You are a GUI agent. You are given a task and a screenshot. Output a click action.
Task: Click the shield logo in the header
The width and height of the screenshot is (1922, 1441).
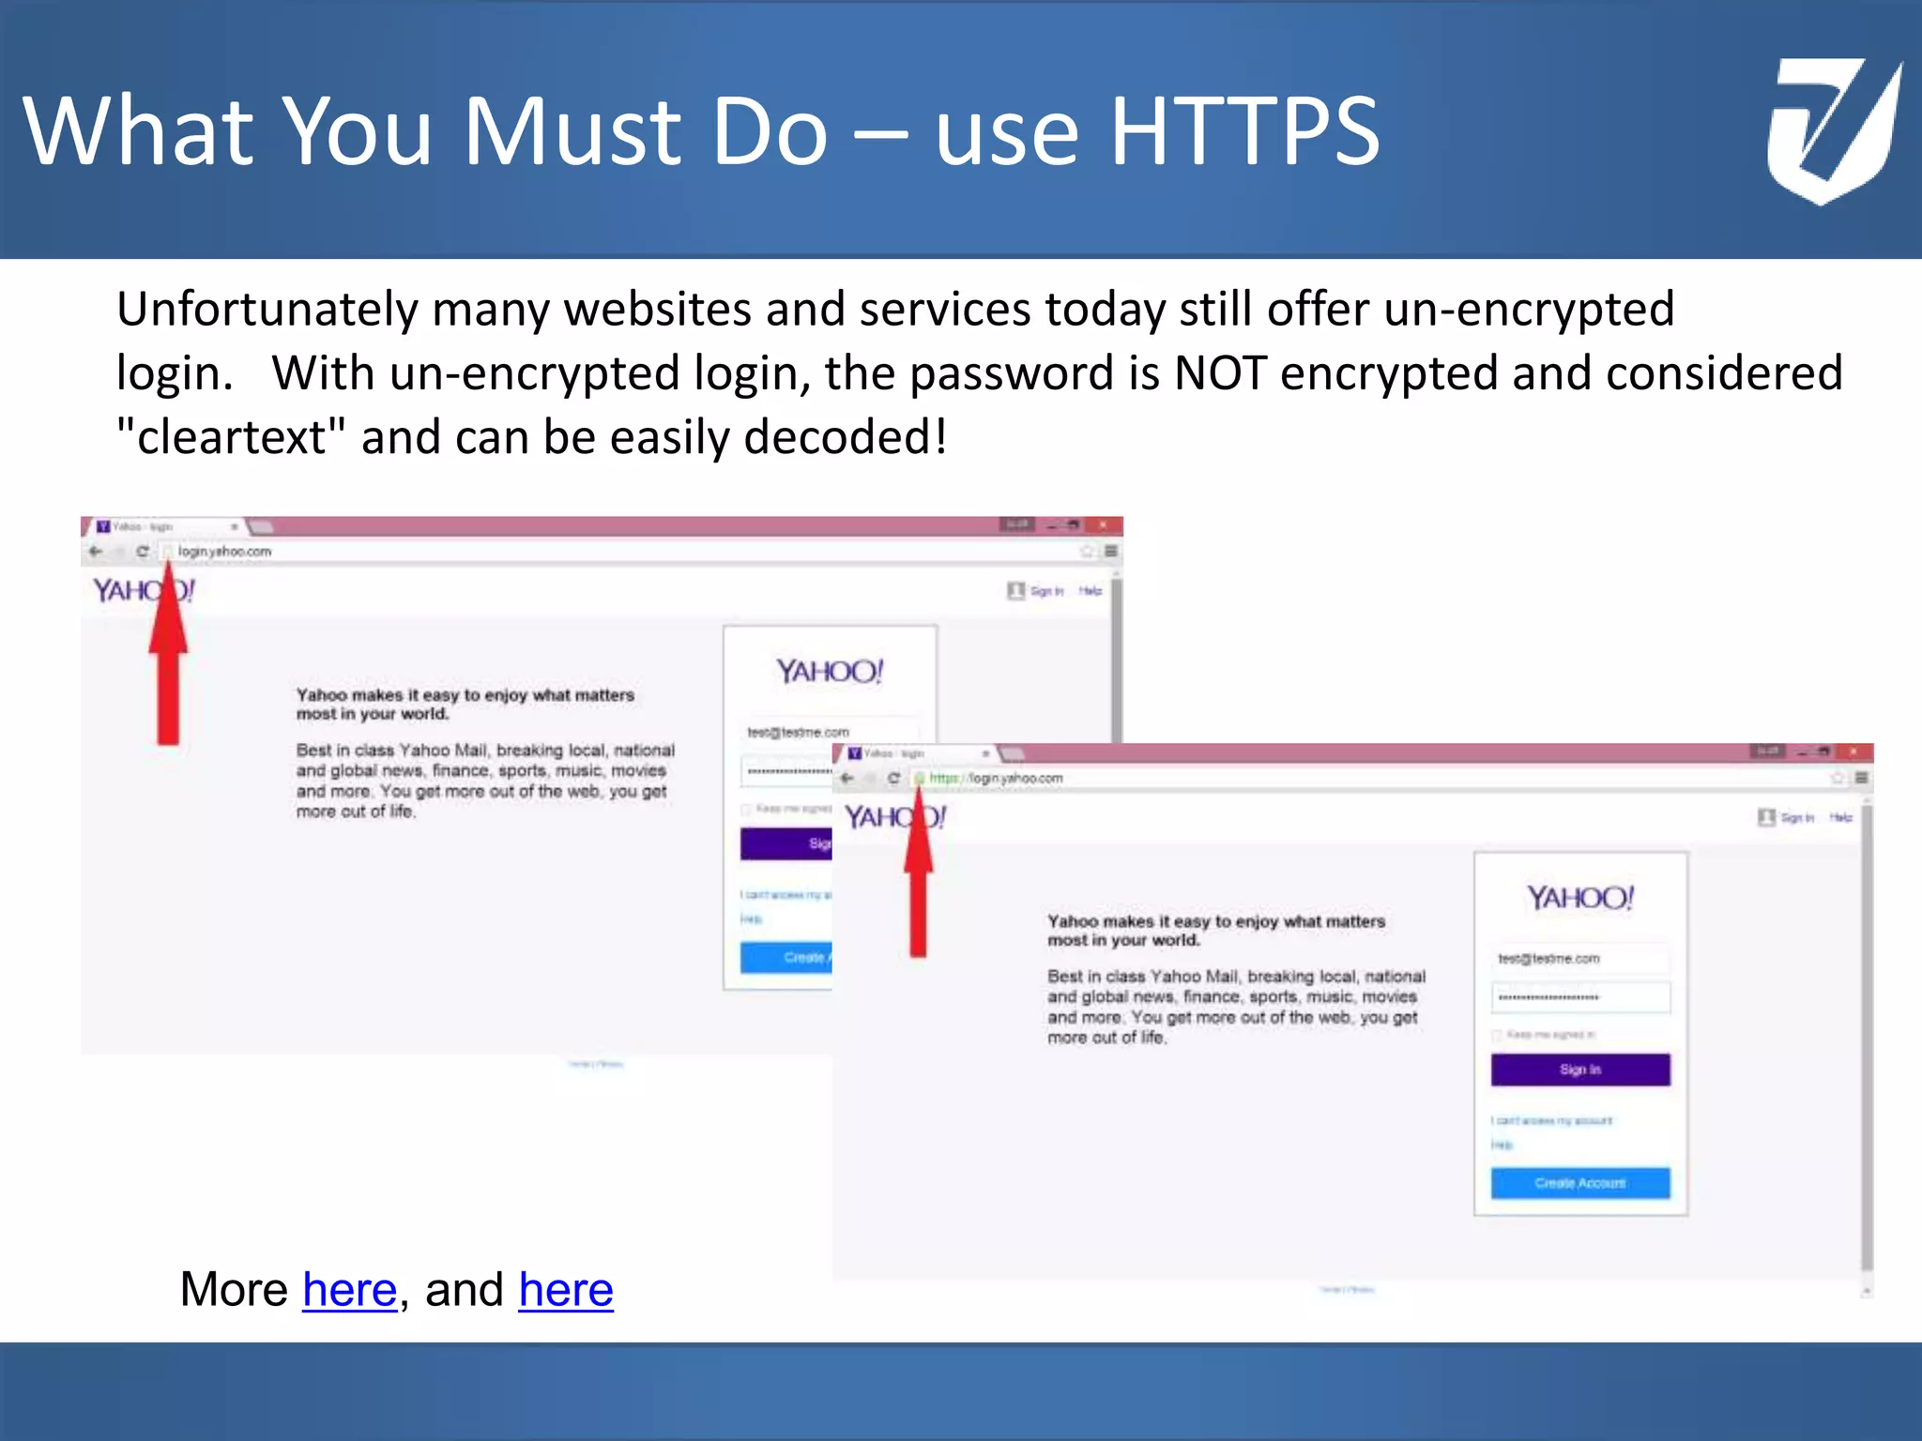[1833, 129]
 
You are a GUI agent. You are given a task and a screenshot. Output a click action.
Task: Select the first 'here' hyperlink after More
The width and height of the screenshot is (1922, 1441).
[349, 1289]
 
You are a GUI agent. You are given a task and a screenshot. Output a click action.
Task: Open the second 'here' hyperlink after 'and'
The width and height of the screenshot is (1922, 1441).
[565, 1289]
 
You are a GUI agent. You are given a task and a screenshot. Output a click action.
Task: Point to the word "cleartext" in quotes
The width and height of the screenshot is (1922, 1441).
[231, 437]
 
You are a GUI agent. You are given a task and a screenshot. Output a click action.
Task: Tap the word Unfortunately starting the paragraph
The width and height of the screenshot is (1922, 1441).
[267, 310]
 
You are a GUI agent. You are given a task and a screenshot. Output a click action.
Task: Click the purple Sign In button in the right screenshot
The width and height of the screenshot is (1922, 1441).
[1579, 1069]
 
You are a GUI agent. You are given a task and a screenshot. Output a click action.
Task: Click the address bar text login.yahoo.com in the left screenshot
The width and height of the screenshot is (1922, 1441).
[224, 552]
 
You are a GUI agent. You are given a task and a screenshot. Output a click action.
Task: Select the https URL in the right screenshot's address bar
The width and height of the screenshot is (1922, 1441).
[996, 778]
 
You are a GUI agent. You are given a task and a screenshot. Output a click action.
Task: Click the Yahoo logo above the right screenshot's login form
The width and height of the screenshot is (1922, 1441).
[1579, 898]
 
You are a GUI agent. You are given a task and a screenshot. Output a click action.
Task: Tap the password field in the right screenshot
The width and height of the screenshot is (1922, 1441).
[1579, 997]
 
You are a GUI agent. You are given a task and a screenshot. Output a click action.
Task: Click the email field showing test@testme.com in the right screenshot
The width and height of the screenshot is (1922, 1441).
[1579, 959]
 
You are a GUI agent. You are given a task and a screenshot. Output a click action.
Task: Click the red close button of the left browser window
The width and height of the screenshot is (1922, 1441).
[1104, 524]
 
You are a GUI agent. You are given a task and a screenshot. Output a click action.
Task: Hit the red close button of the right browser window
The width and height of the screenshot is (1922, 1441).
[1853, 751]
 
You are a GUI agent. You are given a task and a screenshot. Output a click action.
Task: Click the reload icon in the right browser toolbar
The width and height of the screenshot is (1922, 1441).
[893, 778]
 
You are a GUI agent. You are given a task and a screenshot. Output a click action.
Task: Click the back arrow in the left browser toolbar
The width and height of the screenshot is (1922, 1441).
[95, 552]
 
